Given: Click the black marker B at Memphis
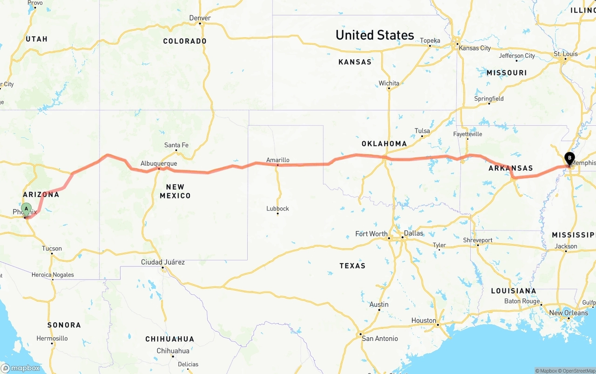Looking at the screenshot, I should click(x=569, y=158).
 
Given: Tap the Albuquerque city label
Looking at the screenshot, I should click(x=159, y=163).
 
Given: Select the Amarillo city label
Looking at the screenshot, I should click(x=278, y=160).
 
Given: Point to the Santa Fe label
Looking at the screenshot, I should click(x=176, y=145).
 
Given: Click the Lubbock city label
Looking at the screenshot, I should click(x=278, y=208).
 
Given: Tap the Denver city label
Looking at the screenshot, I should click(x=200, y=18).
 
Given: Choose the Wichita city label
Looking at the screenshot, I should click(x=389, y=83).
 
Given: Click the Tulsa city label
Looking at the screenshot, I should click(x=422, y=131).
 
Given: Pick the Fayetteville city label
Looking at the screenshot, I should click(x=467, y=134).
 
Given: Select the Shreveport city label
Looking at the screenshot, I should click(x=477, y=240).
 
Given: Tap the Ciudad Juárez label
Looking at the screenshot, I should click(x=163, y=262).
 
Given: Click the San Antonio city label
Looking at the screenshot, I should click(x=380, y=339).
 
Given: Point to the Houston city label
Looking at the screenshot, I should click(x=424, y=320).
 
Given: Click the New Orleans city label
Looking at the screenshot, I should click(x=569, y=313).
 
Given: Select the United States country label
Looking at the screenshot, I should click(x=374, y=35).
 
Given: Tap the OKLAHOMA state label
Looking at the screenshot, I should click(x=384, y=144).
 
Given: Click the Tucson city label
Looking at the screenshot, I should click(x=52, y=248).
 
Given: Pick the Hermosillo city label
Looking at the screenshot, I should click(x=52, y=338).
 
